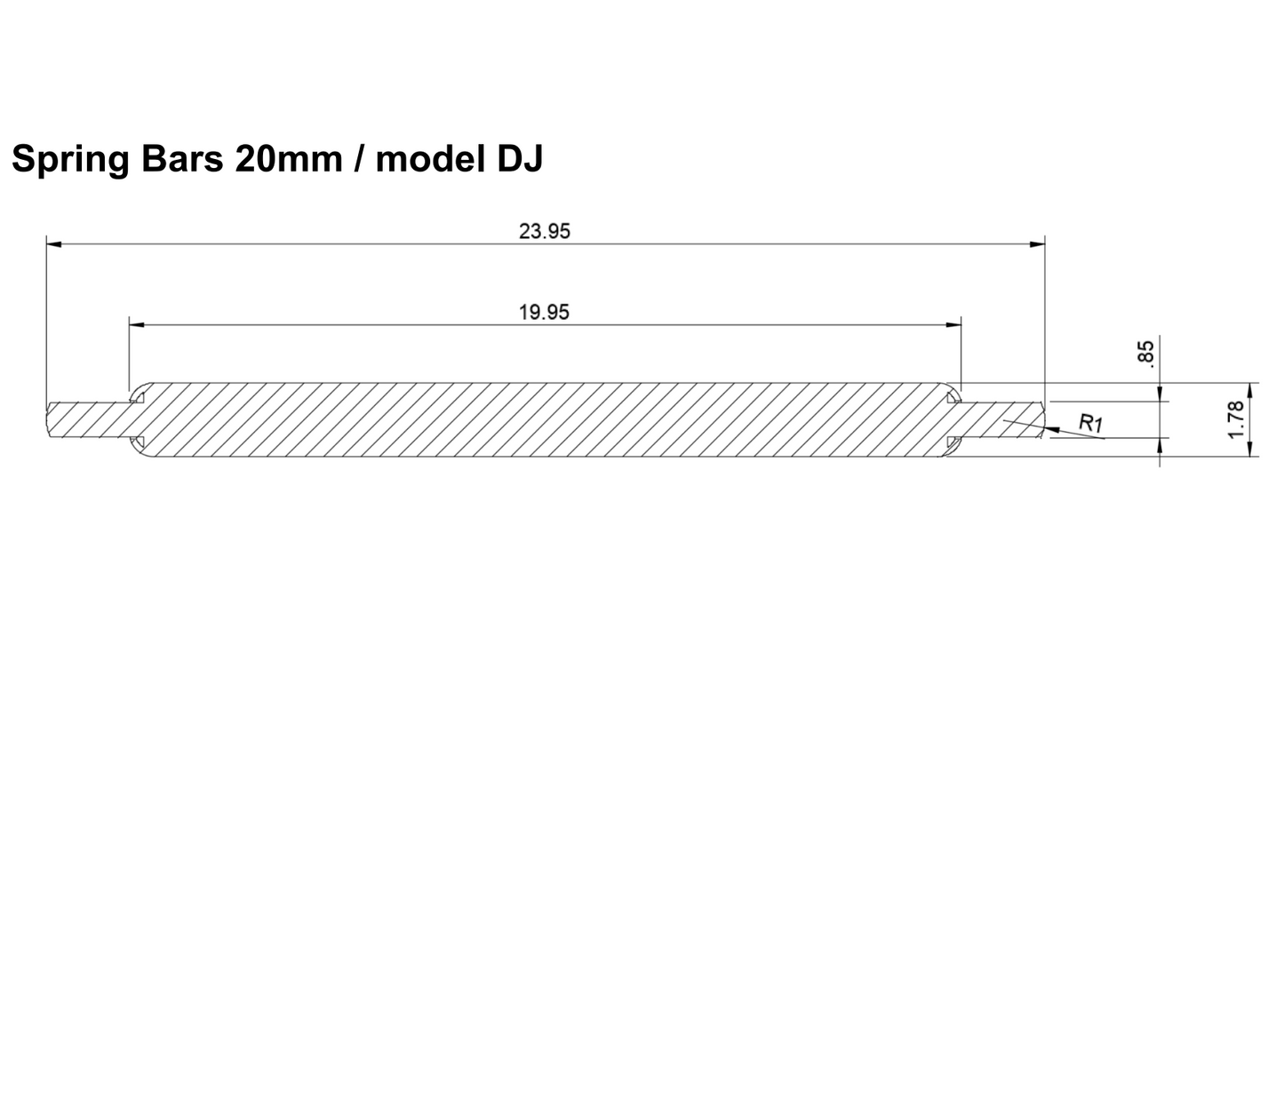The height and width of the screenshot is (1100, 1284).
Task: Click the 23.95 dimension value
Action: (544, 232)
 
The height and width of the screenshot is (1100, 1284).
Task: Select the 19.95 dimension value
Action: (544, 312)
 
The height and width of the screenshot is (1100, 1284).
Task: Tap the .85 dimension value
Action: (1146, 353)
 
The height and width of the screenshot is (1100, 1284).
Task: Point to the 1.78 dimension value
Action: (1233, 418)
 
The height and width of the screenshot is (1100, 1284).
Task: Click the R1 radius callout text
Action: (1090, 423)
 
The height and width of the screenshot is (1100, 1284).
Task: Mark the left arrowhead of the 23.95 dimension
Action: (53, 243)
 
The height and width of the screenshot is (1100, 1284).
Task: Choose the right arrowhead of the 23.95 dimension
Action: (1037, 243)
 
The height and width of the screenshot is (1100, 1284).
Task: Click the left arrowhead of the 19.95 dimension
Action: (136, 324)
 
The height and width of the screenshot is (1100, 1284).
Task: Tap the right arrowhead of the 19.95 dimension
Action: (954, 324)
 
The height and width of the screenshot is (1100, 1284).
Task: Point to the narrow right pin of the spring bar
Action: (1000, 419)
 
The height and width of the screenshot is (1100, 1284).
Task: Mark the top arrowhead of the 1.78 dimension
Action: (1249, 389)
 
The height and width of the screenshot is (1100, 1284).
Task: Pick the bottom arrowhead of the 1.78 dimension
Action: (1249, 450)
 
